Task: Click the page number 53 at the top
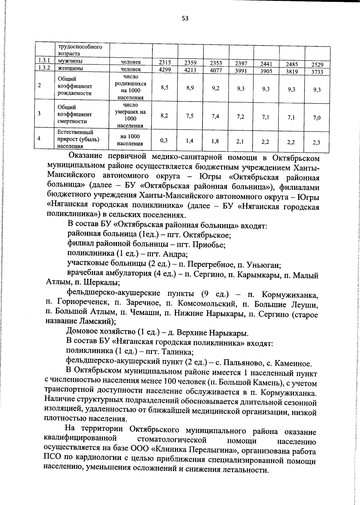pos(185,18)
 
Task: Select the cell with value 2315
pos(165,62)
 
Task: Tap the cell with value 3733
pos(317,72)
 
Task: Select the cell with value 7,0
pos(317,118)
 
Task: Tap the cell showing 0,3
pos(164,140)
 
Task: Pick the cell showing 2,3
pos(316,143)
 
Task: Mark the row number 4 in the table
pos(40,138)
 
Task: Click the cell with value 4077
pos(216,71)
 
